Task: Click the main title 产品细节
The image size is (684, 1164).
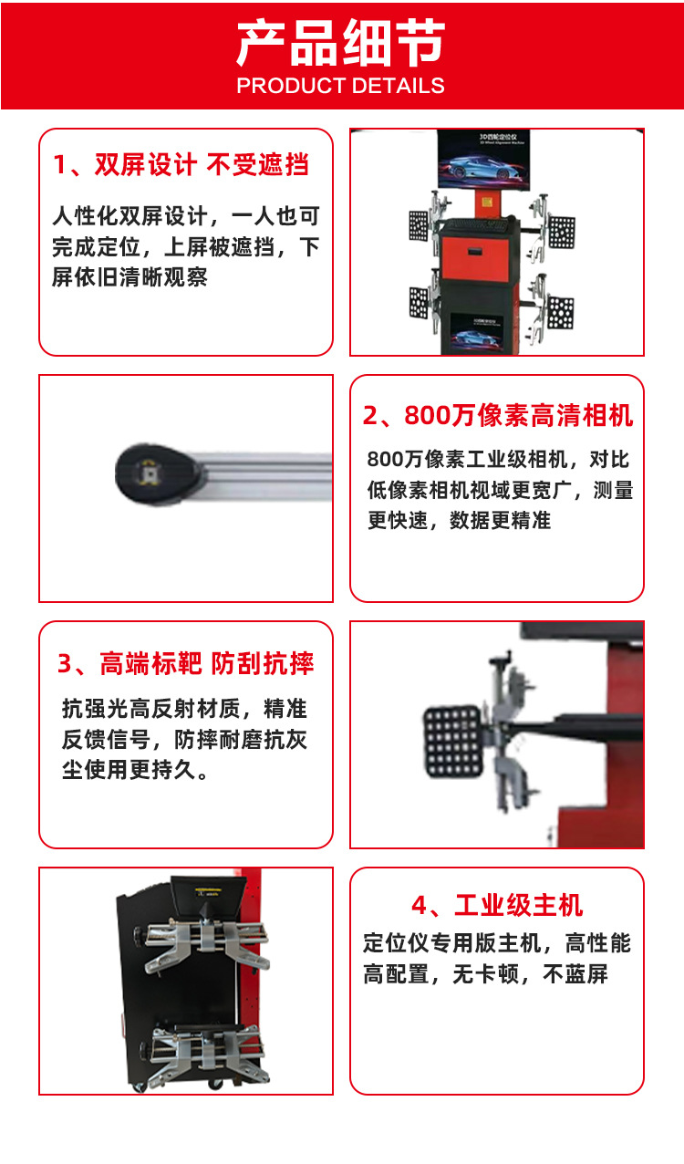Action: click(x=341, y=44)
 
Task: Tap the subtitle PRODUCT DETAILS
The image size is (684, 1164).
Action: click(x=341, y=87)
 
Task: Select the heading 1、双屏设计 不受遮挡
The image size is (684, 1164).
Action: click(x=181, y=165)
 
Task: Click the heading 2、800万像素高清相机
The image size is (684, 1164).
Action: click(x=498, y=416)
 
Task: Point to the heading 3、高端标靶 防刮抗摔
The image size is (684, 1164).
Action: click(x=186, y=663)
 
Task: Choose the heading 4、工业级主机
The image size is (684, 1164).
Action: click(x=497, y=906)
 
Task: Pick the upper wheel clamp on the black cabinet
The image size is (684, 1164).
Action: click(x=205, y=945)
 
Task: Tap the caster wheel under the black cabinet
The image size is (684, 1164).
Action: click(x=216, y=1083)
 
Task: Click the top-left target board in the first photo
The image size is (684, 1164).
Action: click(x=419, y=225)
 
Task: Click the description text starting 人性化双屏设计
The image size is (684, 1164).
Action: click(x=186, y=247)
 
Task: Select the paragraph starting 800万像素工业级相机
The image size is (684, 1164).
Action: click(x=500, y=490)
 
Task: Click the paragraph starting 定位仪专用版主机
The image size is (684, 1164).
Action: click(x=497, y=958)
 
